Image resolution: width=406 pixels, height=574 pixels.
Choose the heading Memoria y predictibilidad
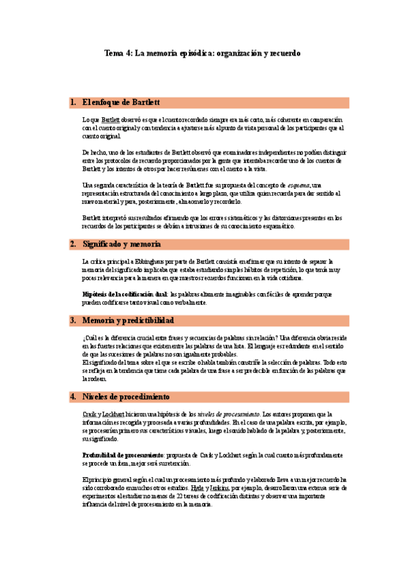[128, 319]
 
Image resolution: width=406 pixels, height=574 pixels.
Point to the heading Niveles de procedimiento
[126, 396]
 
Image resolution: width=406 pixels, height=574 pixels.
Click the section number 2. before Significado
[73, 243]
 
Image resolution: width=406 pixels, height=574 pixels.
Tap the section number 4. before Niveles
[73, 396]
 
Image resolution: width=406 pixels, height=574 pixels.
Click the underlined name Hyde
[197, 487]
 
